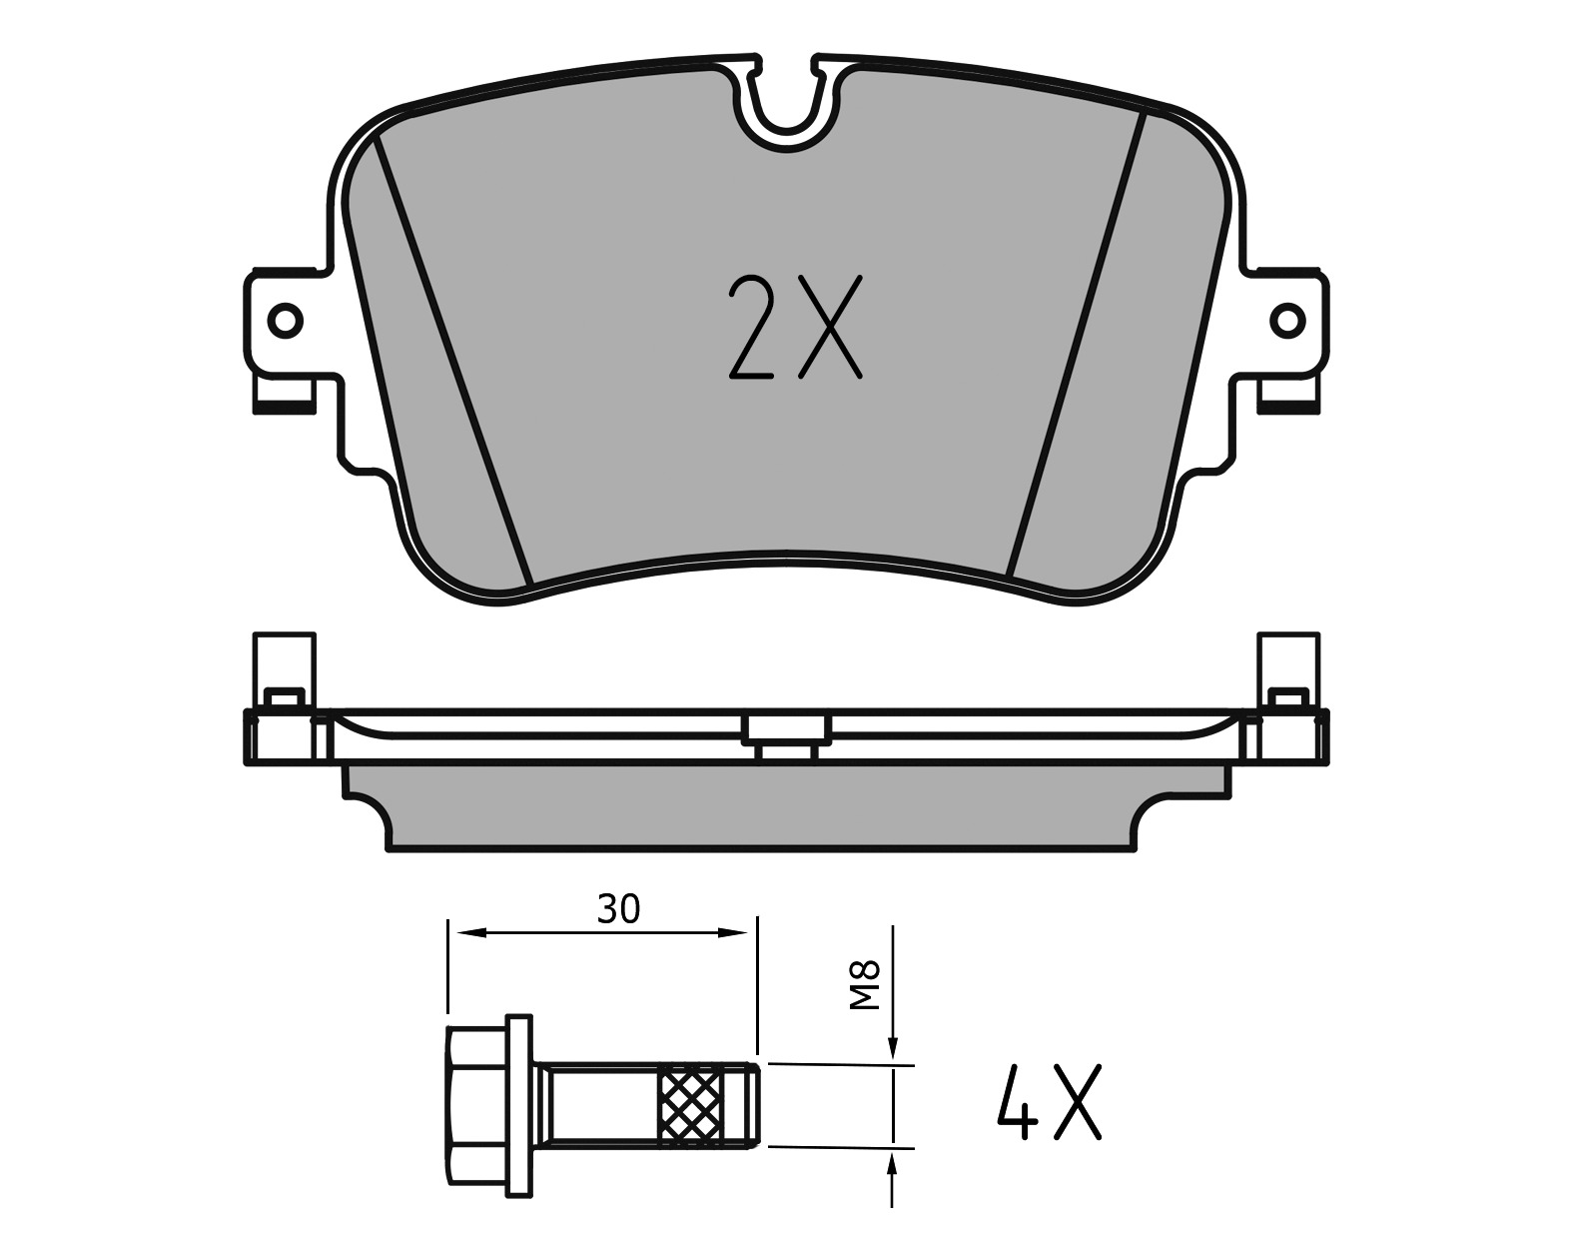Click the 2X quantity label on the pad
(795, 327)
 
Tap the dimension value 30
(619, 910)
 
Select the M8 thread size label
(864, 985)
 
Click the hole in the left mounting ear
(286, 320)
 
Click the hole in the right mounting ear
(1287, 320)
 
